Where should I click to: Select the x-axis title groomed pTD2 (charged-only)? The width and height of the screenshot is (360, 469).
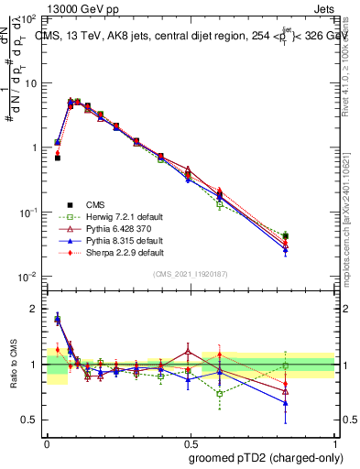tap(266, 458)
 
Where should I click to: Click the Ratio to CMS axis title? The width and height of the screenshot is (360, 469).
tap(14, 363)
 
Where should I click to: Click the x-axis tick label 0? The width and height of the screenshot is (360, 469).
tap(46, 444)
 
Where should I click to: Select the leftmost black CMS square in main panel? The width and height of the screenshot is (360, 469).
tap(57, 158)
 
